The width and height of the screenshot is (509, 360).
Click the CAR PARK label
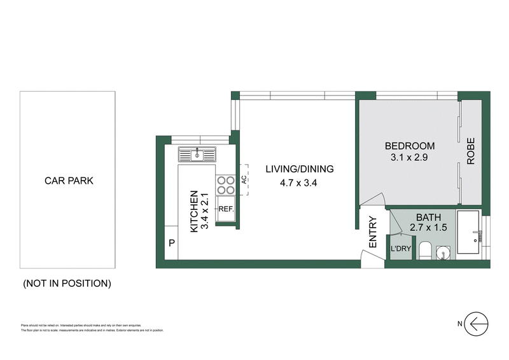(68, 181)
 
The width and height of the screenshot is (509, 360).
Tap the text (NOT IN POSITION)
(67, 283)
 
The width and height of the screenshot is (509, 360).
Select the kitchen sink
(198, 154)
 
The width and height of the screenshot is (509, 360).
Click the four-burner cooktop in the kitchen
(226, 184)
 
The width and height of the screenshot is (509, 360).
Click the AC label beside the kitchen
(243, 181)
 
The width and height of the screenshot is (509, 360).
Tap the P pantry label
(172, 242)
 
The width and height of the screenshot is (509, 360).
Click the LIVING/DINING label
(299, 169)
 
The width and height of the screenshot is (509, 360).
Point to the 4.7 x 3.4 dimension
(298, 184)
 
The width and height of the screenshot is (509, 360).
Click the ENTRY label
(372, 233)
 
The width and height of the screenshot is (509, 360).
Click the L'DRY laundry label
(400, 249)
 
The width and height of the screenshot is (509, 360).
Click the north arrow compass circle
(477, 324)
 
